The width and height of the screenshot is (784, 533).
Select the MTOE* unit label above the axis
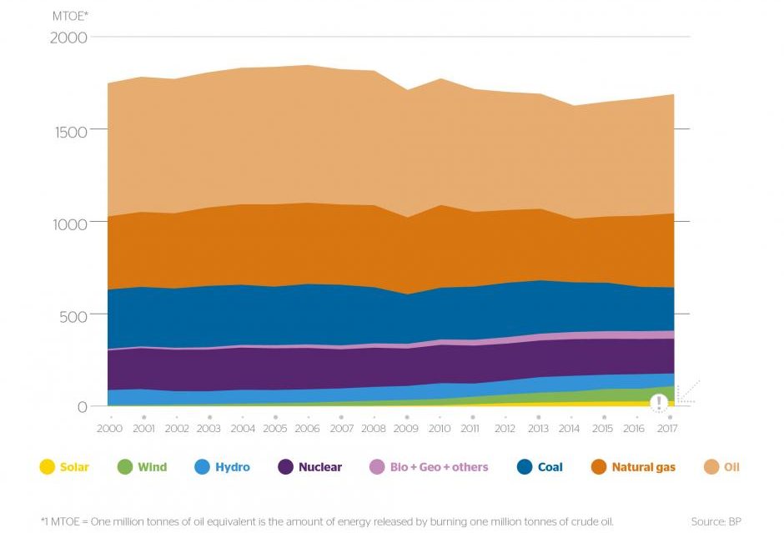70,16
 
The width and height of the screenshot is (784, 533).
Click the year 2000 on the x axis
109,429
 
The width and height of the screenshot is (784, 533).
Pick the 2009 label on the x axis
406,429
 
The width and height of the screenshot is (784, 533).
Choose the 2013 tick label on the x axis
538,429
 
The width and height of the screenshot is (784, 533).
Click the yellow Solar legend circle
47,467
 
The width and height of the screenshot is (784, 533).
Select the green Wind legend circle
123,467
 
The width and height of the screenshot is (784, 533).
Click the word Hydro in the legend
232,467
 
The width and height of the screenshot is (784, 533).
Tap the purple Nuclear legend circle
284,467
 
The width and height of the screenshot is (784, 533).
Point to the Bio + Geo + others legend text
439,467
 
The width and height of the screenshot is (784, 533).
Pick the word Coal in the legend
550,467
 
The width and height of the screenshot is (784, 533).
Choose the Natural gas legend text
643,467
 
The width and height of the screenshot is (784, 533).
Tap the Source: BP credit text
716,521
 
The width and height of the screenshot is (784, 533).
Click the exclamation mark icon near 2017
660,404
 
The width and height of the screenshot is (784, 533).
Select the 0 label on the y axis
82,407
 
